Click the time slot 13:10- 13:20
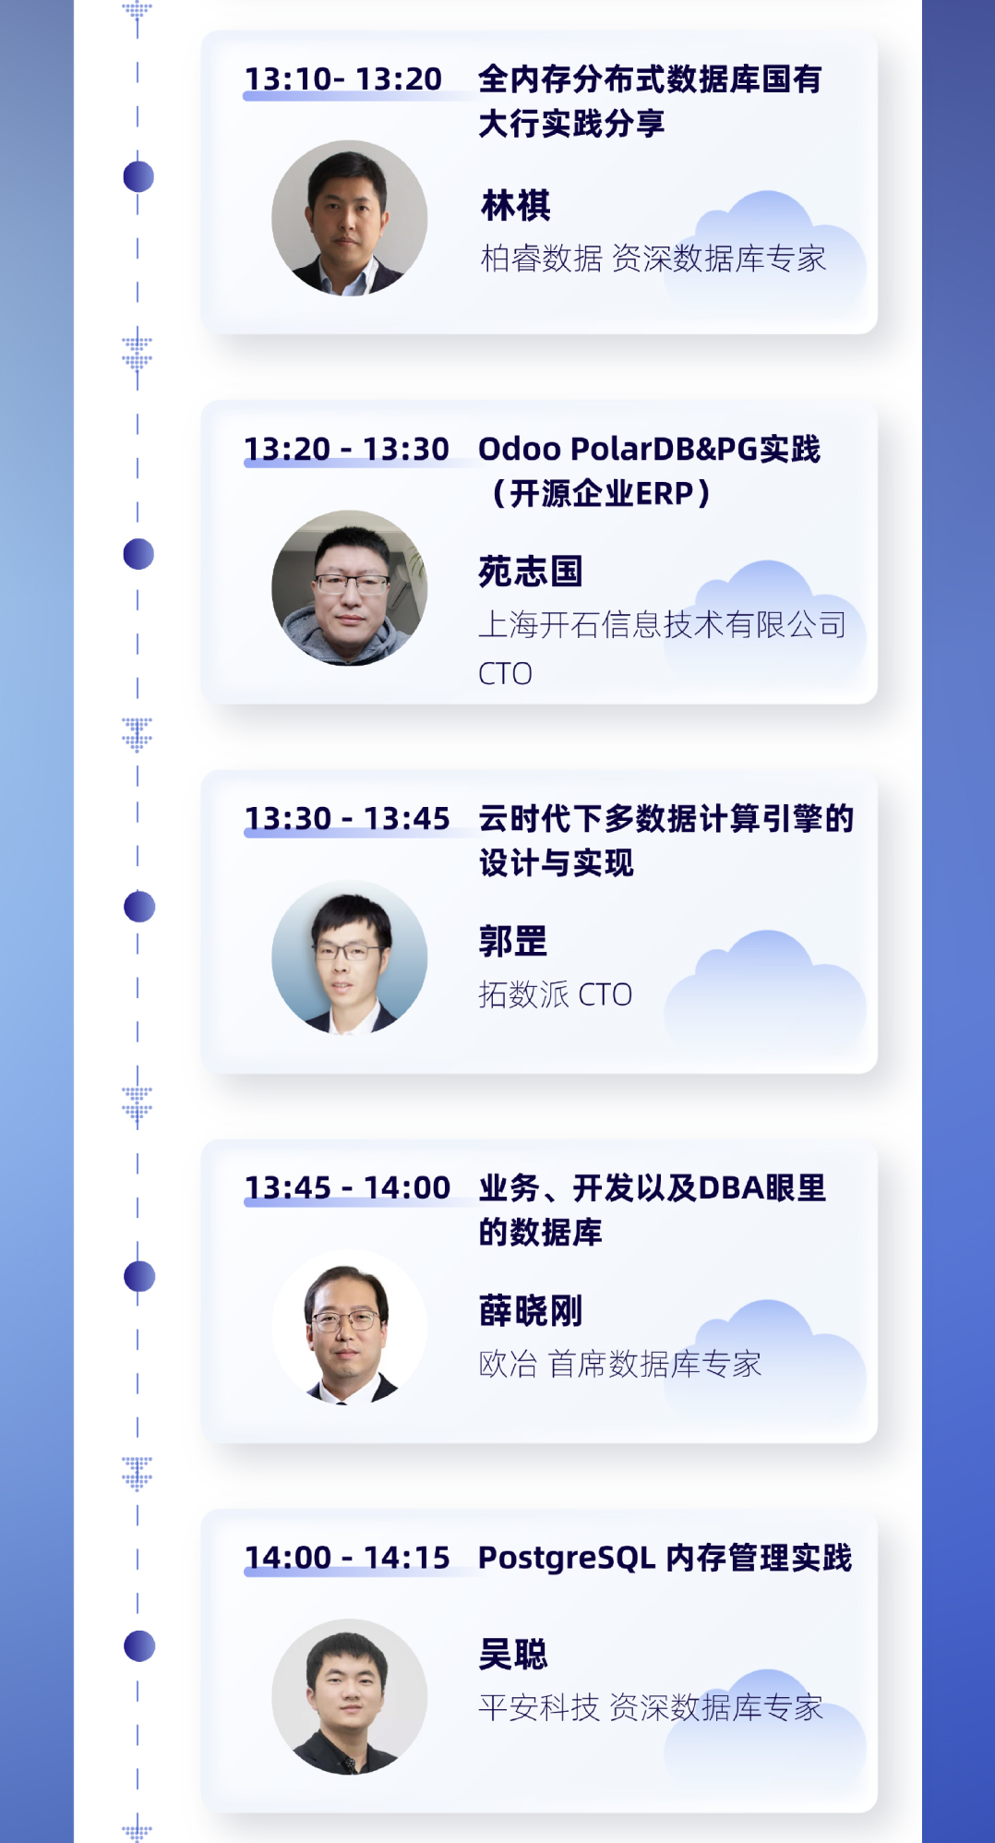coord(343,79)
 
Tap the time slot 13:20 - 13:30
coord(346,449)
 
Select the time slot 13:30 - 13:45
coord(347,818)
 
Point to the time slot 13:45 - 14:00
coord(347,1187)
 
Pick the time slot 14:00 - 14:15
coord(347,1558)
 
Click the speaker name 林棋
coord(516,205)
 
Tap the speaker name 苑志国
coord(531,572)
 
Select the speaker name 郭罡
coord(513,942)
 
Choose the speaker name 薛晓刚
coord(531,1311)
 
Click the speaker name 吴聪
coord(513,1654)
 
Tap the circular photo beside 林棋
coord(350,218)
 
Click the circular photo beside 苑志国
coord(350,588)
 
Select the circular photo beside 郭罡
coord(350,958)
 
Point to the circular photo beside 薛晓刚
coord(350,1327)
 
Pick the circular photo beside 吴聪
coord(350,1697)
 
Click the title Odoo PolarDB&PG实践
coord(649,449)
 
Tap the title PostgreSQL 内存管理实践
coord(665,1558)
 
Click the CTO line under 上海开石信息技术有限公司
coord(505,674)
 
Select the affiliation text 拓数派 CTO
coord(555,994)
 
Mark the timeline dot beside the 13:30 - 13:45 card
coord(139,907)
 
